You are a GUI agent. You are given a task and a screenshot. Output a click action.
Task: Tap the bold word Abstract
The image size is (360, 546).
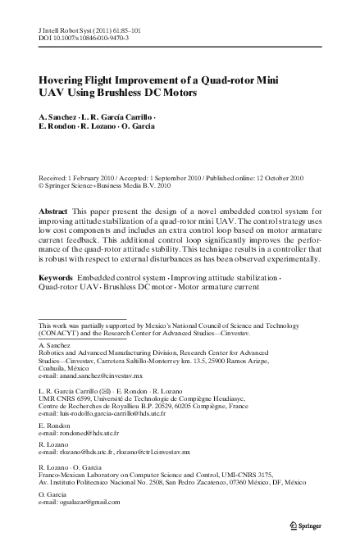[x=54, y=212]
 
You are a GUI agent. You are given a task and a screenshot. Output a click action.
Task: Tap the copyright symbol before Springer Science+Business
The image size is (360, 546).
[x=43, y=185]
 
